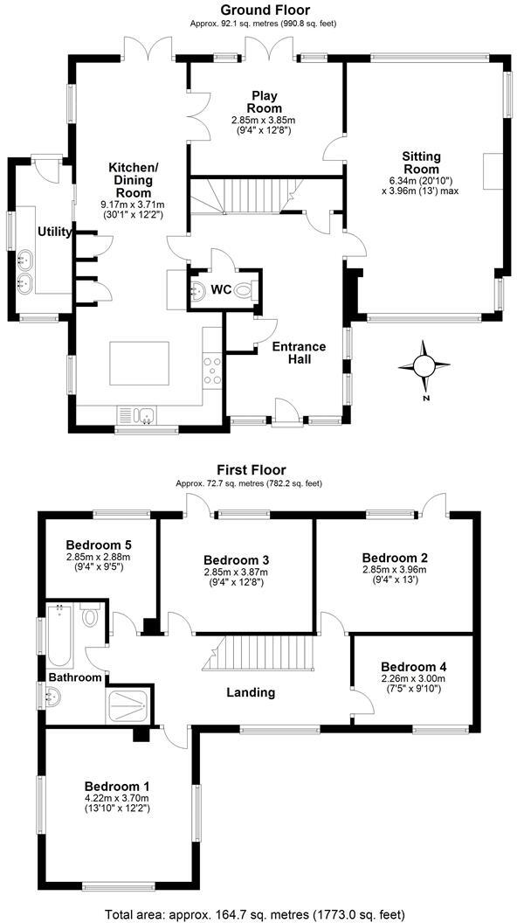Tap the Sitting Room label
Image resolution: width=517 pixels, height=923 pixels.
click(x=420, y=163)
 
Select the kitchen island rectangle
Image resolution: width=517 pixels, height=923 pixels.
click(x=140, y=364)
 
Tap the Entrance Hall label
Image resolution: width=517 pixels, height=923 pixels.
click(x=299, y=353)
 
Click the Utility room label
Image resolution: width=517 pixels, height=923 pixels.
click(x=54, y=231)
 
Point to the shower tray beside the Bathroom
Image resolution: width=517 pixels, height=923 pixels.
click(x=129, y=706)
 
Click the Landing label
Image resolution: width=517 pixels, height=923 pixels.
click(x=251, y=692)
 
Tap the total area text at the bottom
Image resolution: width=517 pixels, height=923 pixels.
click(x=258, y=914)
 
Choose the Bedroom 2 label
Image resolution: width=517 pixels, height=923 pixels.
click(x=395, y=557)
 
